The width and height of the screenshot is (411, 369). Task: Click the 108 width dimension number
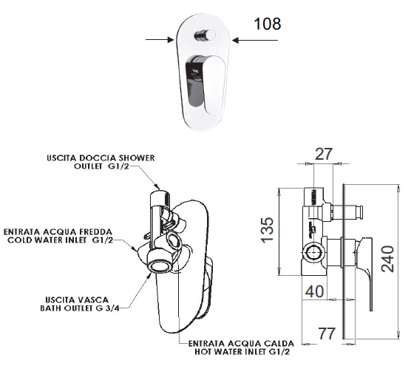pyautogui.click(x=268, y=24)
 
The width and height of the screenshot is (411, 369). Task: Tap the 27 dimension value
pyautogui.click(x=324, y=155)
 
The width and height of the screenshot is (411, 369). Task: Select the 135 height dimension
pyautogui.click(x=268, y=230)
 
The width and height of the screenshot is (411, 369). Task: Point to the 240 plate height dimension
pyautogui.click(x=387, y=259)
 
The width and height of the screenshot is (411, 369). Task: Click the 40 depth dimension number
pyautogui.click(x=315, y=291)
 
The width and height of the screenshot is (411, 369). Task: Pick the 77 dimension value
pyautogui.click(x=327, y=334)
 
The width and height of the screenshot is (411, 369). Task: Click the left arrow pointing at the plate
pyautogui.click(x=160, y=40)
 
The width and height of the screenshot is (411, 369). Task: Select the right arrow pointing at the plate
pyautogui.click(x=255, y=40)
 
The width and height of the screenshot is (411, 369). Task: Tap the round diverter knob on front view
pyautogui.click(x=205, y=35)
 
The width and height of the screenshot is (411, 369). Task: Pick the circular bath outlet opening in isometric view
pyautogui.click(x=160, y=267)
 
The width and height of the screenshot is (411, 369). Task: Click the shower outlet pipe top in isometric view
pyautogui.click(x=160, y=194)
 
